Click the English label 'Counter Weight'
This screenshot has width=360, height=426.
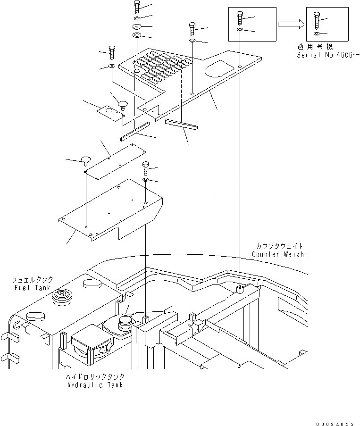(279, 254)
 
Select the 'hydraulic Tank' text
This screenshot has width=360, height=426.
(94, 385)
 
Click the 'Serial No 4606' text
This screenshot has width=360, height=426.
(327, 55)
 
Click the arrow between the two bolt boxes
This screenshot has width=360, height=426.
(289, 24)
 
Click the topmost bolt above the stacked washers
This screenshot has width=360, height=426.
(136, 6)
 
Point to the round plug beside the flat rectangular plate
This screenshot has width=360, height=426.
(85, 159)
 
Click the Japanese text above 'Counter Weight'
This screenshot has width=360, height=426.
(279, 246)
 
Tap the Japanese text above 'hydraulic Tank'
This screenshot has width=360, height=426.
(94, 377)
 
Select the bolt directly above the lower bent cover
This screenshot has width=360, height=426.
(145, 168)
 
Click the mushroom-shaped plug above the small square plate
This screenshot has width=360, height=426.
(123, 103)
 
